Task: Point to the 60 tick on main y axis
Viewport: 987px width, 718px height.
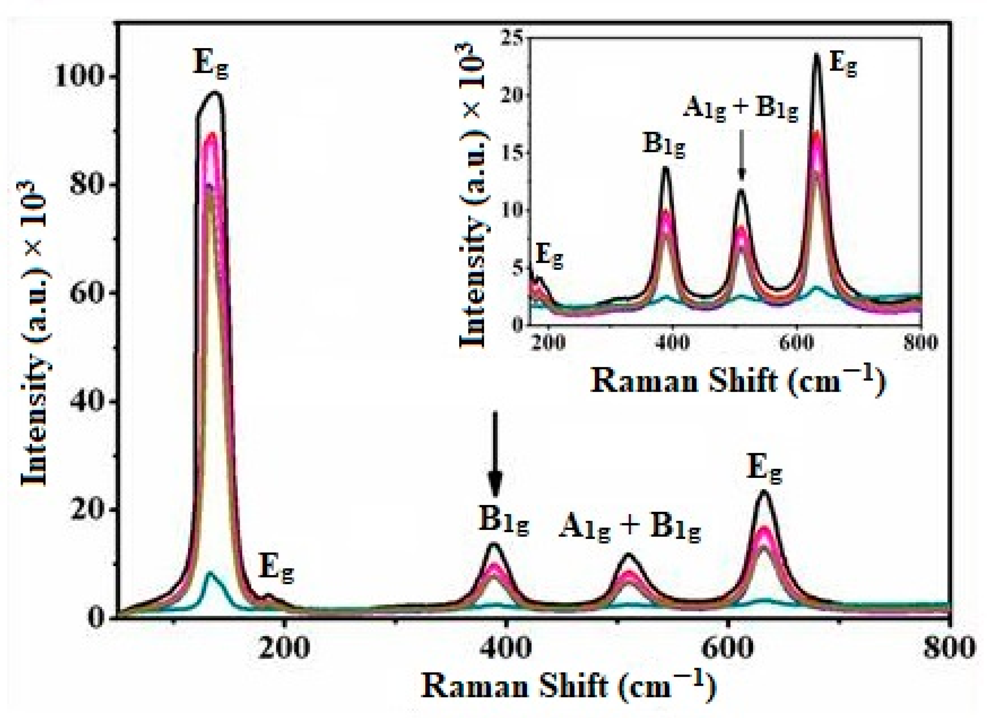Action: pos(87,293)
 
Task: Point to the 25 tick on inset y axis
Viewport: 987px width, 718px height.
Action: pos(514,38)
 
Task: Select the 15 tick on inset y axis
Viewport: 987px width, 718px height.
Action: pos(514,153)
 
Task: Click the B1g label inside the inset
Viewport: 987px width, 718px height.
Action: pos(663,145)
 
